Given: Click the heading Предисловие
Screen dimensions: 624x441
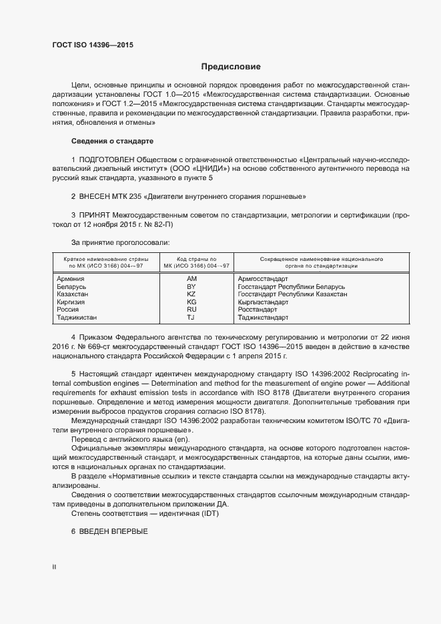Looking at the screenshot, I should (231, 67).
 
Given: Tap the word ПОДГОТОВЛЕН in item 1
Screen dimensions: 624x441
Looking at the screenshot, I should (106, 160).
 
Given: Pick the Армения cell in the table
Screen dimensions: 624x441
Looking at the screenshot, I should (71, 278).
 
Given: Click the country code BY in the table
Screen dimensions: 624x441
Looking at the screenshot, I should (191, 286).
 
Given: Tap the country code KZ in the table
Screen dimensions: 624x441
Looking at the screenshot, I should (191, 294).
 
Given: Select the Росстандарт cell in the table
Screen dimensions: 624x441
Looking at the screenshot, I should (258, 310).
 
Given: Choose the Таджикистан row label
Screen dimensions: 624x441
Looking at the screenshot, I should (77, 318).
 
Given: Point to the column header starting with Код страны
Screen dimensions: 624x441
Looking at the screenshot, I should (191, 262).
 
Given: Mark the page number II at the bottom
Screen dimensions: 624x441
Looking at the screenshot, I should (53, 567).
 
